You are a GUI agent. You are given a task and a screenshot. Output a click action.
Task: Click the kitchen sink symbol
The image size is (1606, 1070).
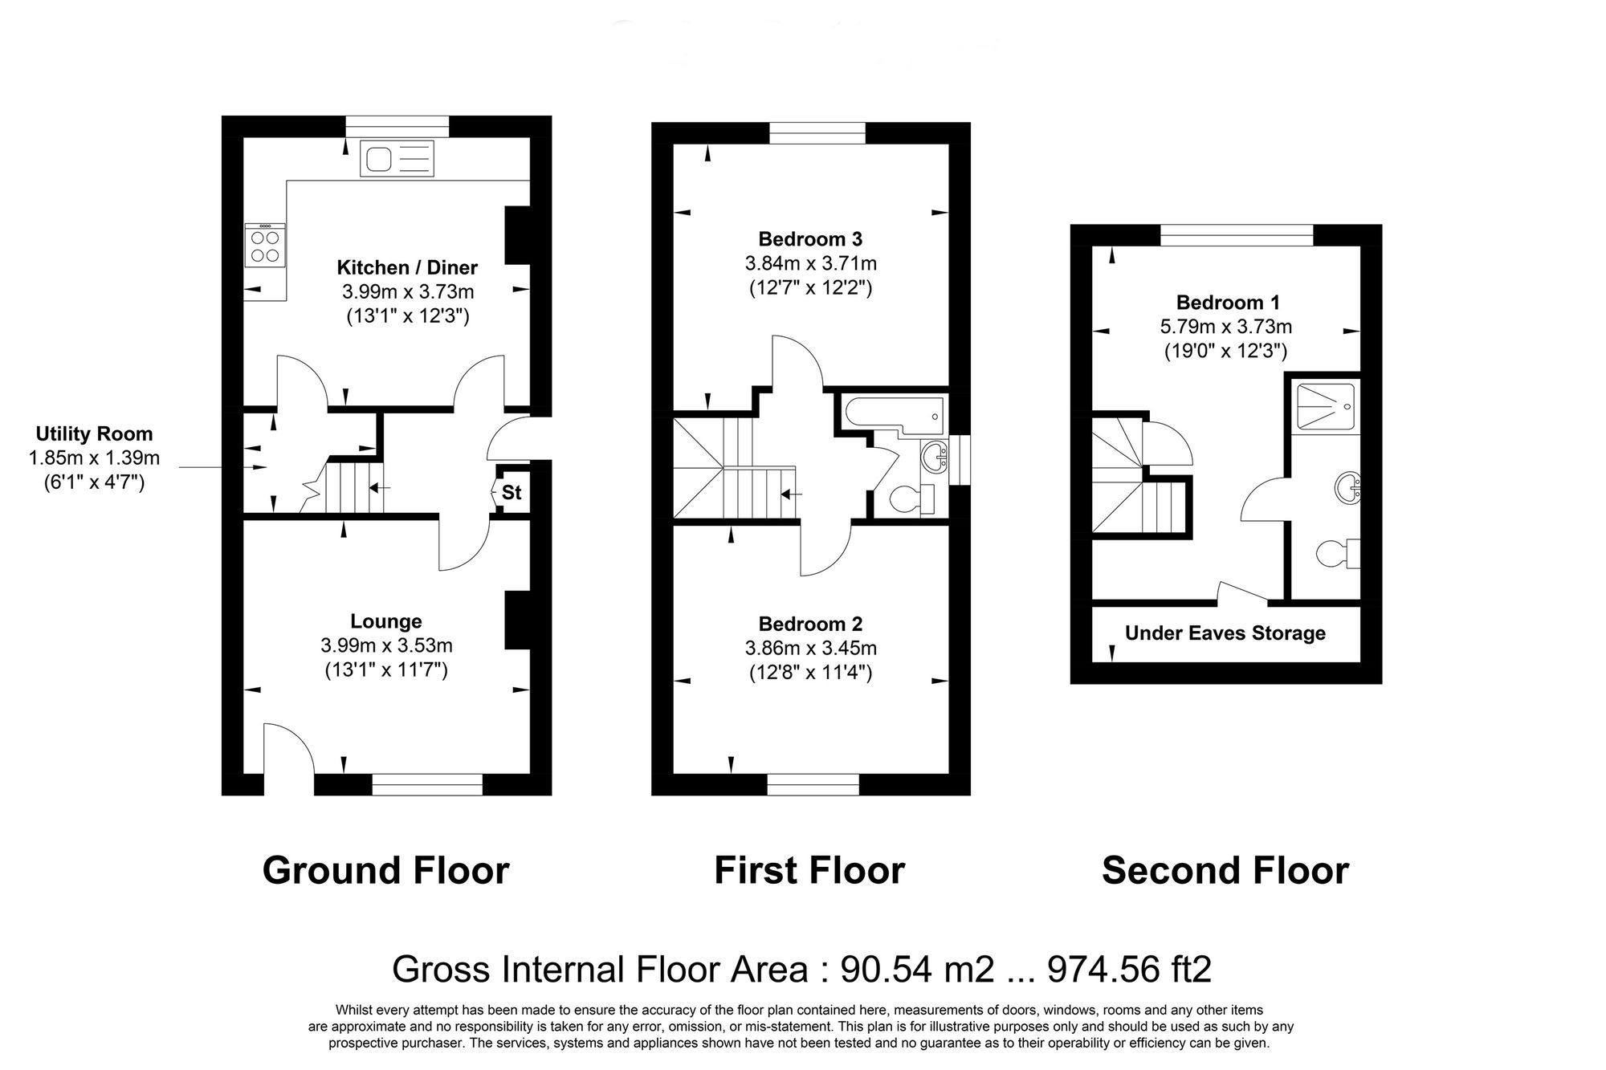tap(397, 158)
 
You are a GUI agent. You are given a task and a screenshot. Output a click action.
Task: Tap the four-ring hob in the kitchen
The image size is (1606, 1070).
tap(265, 246)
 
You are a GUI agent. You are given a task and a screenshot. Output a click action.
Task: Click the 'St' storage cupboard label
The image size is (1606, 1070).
tap(512, 493)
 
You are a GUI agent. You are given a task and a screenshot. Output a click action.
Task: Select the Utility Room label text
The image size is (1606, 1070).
tap(94, 434)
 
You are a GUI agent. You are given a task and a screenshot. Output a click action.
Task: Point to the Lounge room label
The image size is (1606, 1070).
tap(386, 621)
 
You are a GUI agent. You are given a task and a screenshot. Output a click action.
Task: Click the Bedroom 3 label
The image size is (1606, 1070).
tap(810, 239)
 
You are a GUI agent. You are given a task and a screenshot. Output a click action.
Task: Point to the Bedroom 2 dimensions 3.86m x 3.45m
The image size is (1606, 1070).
tap(810, 648)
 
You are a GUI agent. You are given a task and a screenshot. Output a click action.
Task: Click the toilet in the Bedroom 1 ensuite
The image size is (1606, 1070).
tap(1338, 554)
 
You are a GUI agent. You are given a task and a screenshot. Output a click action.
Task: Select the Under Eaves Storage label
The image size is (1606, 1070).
tap(1225, 633)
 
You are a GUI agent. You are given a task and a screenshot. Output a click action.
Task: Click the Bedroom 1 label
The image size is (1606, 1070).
tap(1228, 303)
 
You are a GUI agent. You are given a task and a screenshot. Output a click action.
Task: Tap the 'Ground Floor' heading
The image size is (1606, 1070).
tap(385, 871)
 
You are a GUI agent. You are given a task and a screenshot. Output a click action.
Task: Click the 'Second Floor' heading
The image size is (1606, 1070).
tap(1225, 871)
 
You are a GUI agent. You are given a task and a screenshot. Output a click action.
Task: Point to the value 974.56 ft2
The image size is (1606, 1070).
tap(1129, 970)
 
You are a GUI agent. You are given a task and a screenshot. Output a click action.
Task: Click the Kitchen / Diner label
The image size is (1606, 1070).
tap(407, 267)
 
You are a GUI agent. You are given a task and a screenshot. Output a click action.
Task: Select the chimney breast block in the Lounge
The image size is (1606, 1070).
tap(517, 620)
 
